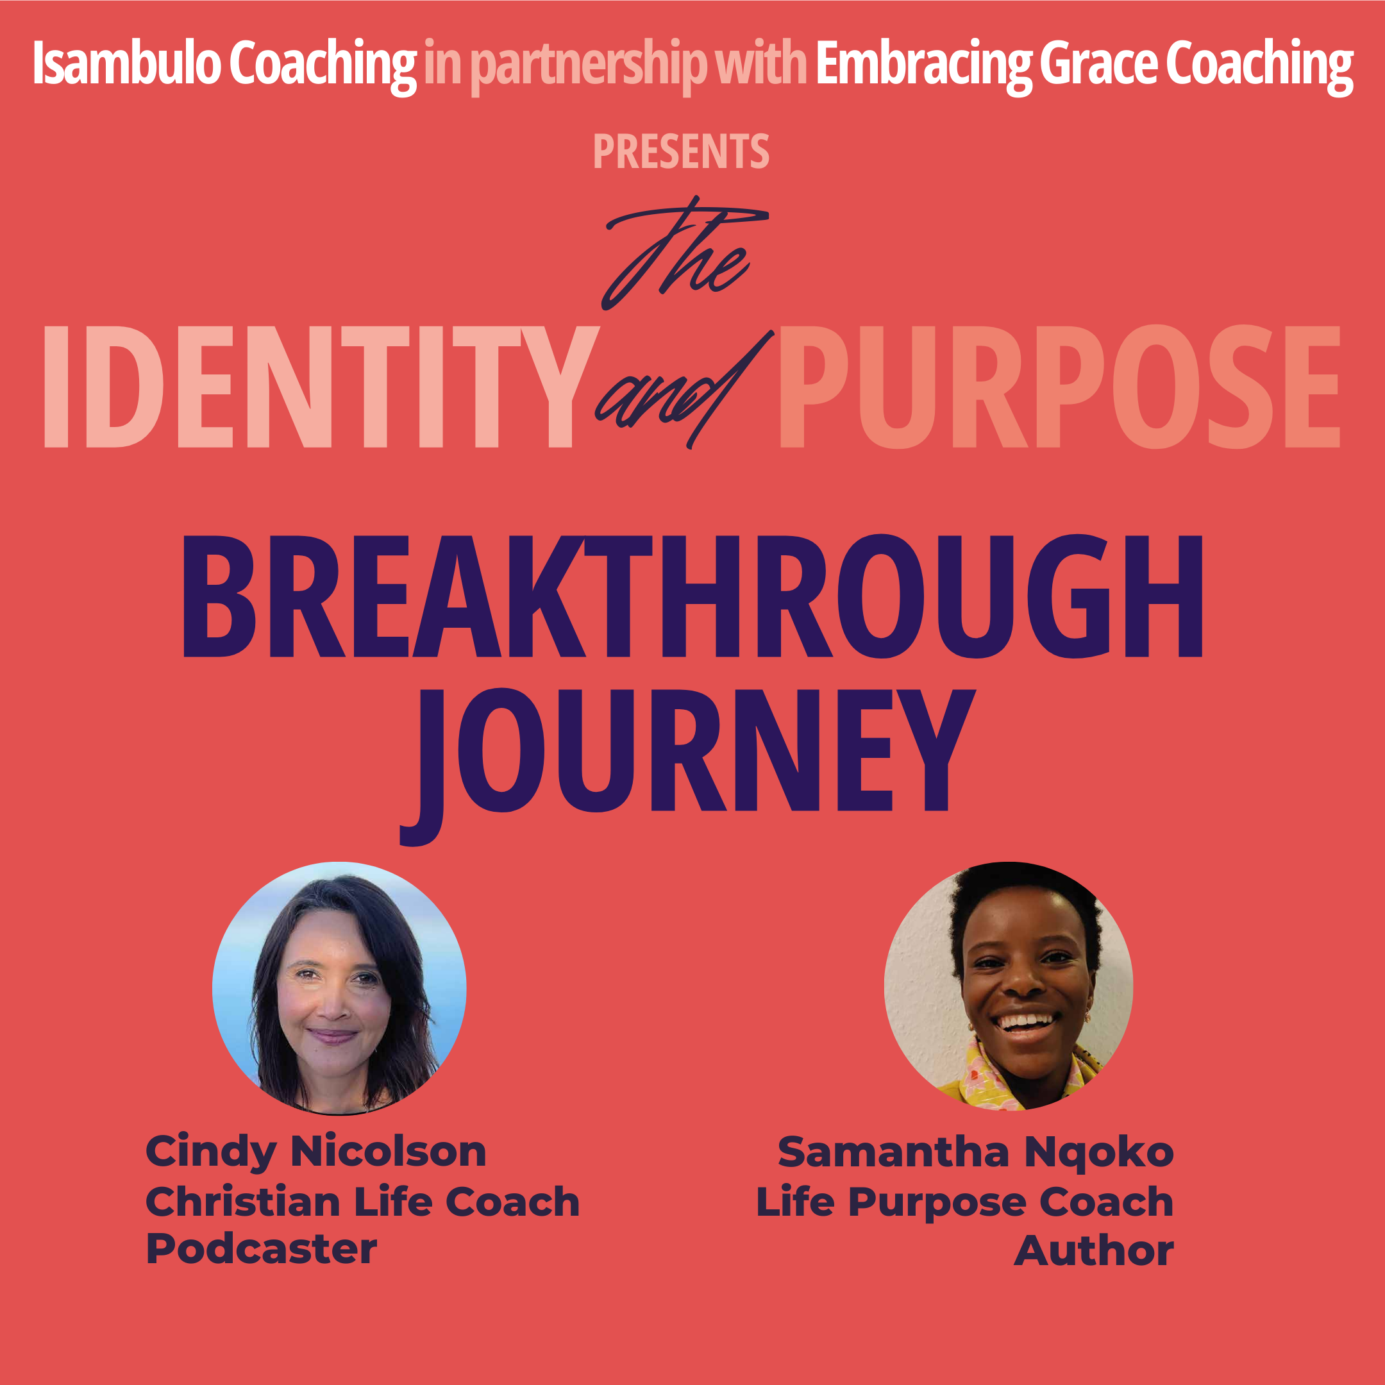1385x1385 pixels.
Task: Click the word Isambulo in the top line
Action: pyautogui.click(x=127, y=63)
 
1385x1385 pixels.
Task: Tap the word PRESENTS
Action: pyautogui.click(x=681, y=151)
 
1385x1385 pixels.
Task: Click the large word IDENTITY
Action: pyautogui.click(x=321, y=387)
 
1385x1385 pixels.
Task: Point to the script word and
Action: pyautogui.click(x=685, y=391)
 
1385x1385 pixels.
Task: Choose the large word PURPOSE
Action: pyautogui.click(x=1059, y=387)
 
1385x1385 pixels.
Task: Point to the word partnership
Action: pyautogui.click(x=588, y=66)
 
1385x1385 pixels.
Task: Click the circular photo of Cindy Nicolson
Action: pyautogui.click(x=339, y=989)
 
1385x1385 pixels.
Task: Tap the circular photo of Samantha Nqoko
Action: pyautogui.click(x=1009, y=986)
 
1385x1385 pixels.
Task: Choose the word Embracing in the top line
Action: pyautogui.click(x=925, y=65)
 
